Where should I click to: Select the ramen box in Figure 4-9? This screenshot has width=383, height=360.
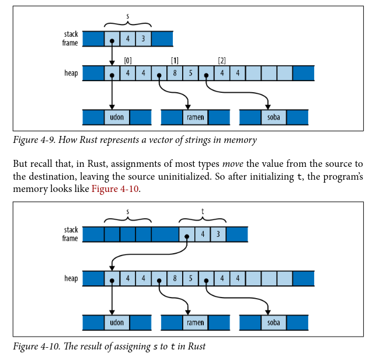point(196,117)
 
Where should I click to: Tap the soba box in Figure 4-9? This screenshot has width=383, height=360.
point(274,117)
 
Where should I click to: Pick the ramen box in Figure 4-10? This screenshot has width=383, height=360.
point(196,322)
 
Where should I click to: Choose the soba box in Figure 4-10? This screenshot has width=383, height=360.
point(274,322)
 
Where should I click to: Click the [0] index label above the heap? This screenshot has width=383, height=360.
point(128,61)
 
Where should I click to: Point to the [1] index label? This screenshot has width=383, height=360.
point(175,61)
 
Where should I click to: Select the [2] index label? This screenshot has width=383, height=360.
point(221,61)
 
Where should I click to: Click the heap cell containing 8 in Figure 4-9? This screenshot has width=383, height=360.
point(175,74)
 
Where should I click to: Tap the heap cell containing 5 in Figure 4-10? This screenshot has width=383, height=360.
point(190,278)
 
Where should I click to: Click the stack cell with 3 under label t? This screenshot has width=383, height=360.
point(218,235)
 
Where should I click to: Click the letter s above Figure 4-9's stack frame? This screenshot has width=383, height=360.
point(127,16)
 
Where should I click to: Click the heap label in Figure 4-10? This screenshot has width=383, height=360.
point(71,278)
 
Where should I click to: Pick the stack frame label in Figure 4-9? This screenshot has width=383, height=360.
point(71,39)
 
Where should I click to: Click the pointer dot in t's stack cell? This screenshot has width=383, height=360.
point(186,237)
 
